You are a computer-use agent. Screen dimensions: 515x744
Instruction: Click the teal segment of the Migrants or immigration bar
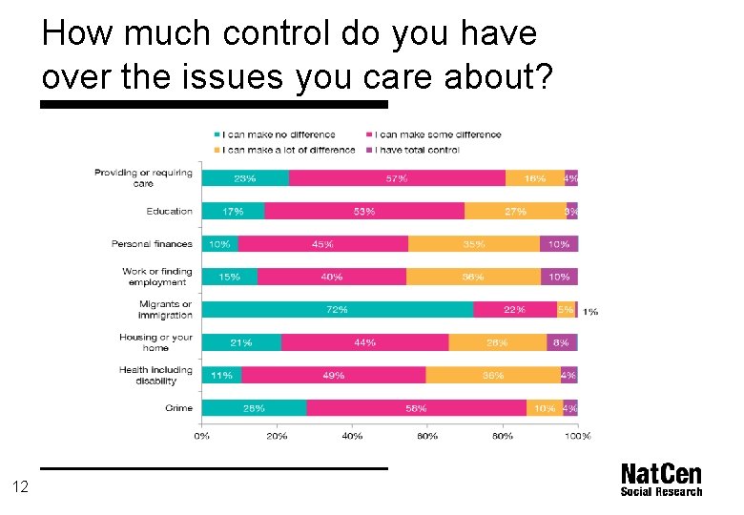point(337,309)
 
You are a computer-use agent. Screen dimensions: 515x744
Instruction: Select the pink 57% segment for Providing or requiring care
point(397,178)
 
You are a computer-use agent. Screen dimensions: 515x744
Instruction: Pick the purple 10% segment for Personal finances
point(559,244)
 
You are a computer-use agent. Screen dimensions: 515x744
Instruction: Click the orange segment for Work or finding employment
point(473,277)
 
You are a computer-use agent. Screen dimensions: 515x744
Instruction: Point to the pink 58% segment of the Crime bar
point(416,408)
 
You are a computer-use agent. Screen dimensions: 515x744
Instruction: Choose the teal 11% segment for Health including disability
point(221,376)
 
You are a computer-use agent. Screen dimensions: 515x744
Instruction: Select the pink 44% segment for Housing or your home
point(364,342)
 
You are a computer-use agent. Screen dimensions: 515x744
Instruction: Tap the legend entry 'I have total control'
point(416,150)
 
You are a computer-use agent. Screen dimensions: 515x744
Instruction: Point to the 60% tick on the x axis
point(427,436)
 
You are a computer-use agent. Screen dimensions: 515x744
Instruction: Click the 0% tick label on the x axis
point(202,436)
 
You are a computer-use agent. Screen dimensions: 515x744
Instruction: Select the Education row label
point(169,211)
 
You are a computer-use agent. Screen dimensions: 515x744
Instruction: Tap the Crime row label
point(177,408)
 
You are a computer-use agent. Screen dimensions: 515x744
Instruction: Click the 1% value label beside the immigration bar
point(590,312)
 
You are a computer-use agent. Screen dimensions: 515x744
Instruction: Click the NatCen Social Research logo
point(660,480)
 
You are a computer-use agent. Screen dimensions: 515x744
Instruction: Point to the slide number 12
point(21,487)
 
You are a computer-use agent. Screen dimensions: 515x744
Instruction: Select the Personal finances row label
point(151,244)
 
